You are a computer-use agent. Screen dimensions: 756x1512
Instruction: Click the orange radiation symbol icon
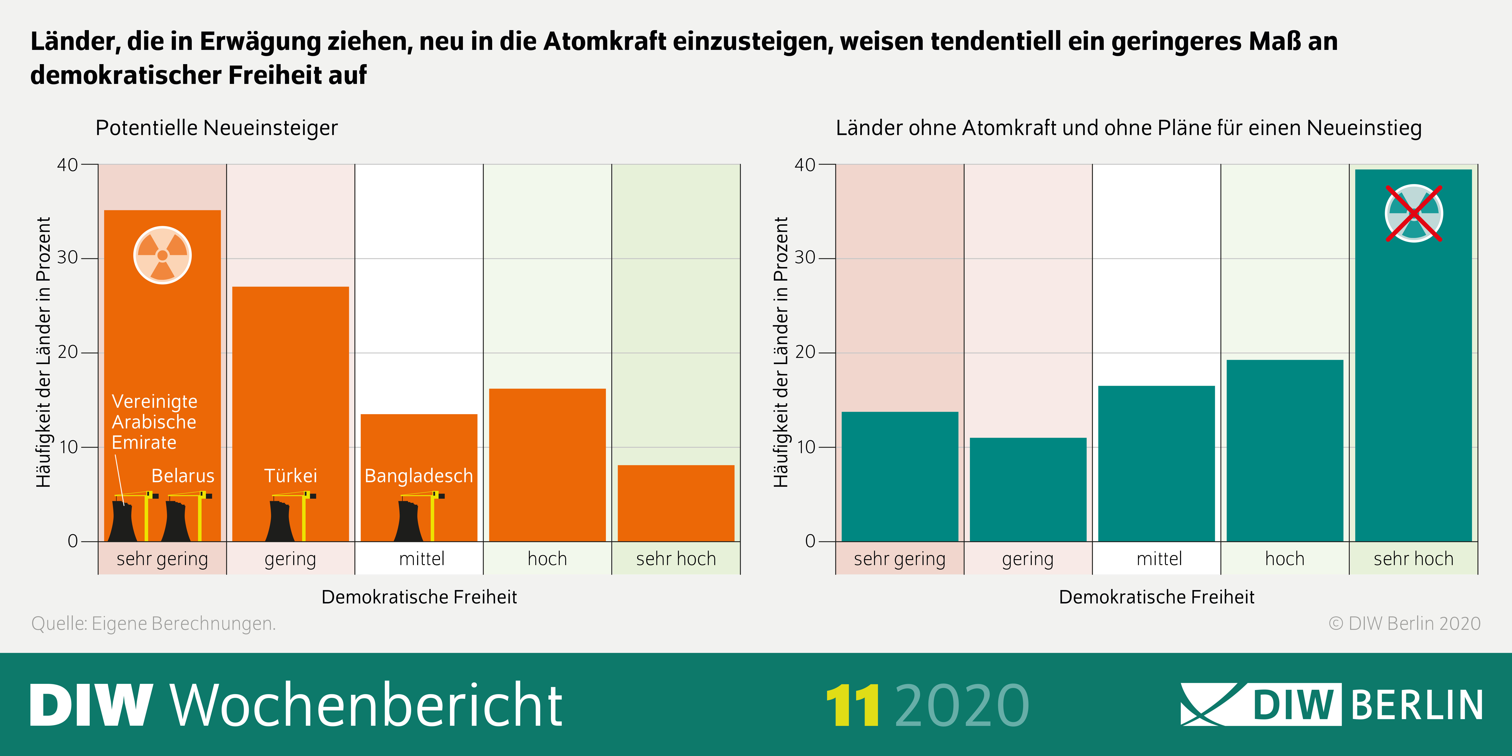163,255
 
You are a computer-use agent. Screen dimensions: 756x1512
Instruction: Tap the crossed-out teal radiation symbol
1413,213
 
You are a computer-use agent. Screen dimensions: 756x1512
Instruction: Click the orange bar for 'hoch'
547,465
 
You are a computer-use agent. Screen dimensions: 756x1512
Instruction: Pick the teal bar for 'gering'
1028,489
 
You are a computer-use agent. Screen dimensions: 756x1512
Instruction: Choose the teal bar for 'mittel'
1156,464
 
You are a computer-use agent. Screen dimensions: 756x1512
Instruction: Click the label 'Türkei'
291,475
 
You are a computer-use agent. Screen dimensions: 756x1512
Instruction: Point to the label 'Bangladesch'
419,475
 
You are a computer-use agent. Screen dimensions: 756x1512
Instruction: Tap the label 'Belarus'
182,475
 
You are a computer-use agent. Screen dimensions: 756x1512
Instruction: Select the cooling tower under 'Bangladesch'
408,521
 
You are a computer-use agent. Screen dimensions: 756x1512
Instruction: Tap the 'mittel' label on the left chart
421,559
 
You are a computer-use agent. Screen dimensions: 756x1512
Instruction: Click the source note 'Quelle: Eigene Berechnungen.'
153,623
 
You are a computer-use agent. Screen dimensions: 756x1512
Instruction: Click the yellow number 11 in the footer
852,705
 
